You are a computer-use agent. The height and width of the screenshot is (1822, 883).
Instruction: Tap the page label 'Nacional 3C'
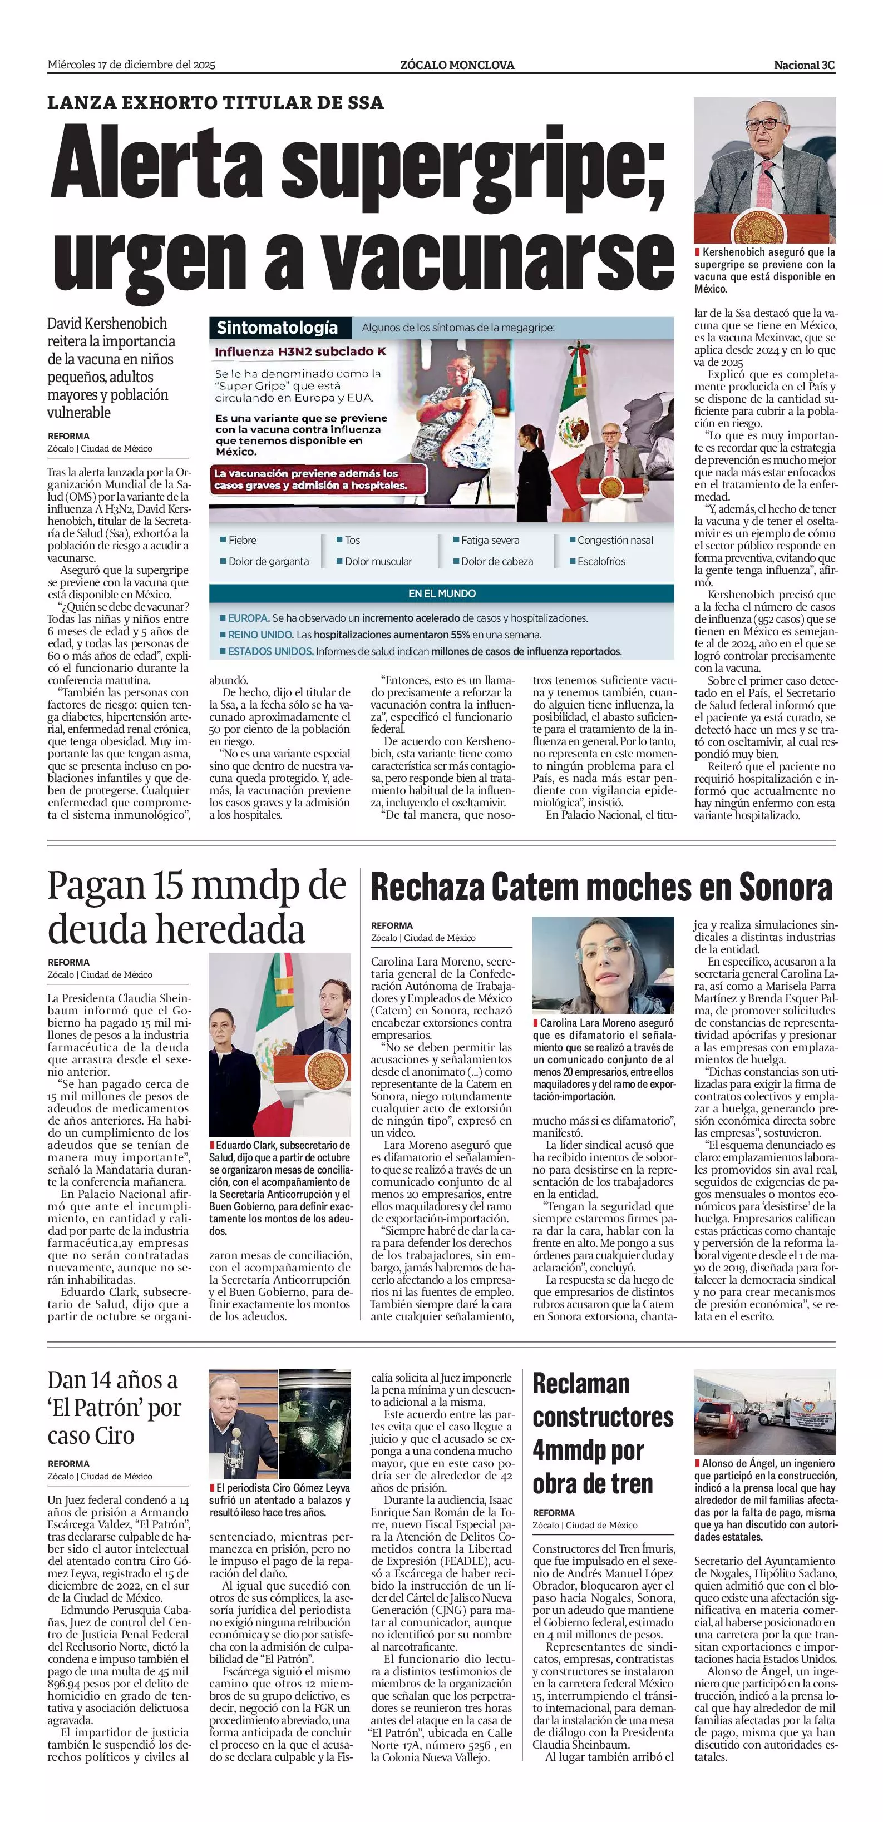tap(804, 65)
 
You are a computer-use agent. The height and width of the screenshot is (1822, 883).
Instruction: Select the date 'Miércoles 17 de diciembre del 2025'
tap(132, 65)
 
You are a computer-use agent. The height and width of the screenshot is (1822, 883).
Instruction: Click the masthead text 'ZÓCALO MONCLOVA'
tap(457, 65)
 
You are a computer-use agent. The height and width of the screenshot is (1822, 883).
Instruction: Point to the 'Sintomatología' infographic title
tap(277, 328)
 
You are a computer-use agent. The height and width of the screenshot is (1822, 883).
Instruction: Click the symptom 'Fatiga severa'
tap(490, 541)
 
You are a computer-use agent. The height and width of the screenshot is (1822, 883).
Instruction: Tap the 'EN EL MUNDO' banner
tap(442, 593)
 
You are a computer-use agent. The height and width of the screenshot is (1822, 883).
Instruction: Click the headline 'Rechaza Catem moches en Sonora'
tap(601, 888)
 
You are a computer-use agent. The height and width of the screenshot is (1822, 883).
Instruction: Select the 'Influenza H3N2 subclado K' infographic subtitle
tap(300, 351)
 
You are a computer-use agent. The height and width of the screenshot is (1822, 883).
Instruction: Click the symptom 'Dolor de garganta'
tap(268, 562)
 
